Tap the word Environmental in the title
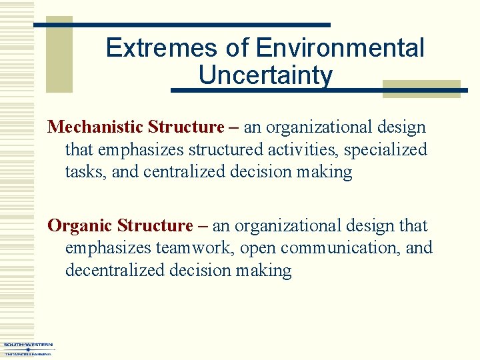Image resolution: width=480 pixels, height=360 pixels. pyautogui.click(x=340, y=48)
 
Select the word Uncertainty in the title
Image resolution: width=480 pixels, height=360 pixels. pyautogui.click(x=265, y=75)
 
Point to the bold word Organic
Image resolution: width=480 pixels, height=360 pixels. pyautogui.click(x=80, y=226)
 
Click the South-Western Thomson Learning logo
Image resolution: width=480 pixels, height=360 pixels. pyautogui.click(x=28, y=349)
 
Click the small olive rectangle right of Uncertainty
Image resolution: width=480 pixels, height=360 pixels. pyautogui.click(x=421, y=89)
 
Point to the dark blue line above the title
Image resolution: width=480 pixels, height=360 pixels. pyautogui.click(x=182, y=25)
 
